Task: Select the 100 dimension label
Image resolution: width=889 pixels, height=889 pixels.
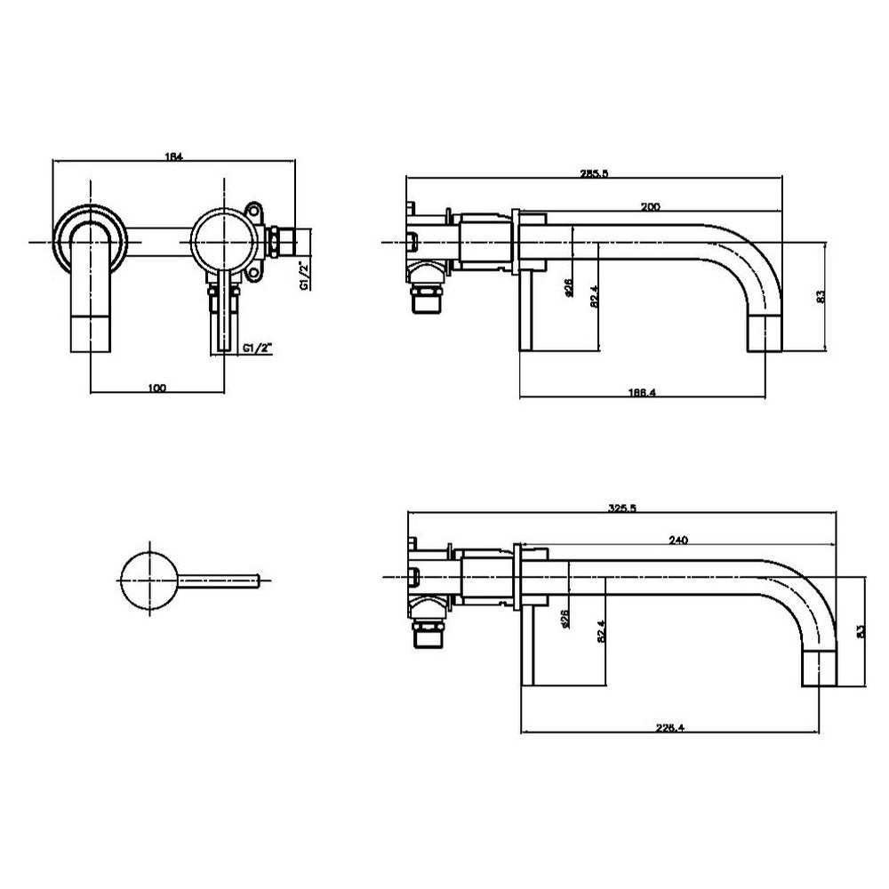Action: click(157, 388)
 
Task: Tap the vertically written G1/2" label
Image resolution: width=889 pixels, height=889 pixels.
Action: click(303, 275)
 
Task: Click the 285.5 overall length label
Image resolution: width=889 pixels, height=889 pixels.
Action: click(593, 174)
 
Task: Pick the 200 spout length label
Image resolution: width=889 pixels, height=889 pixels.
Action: click(650, 206)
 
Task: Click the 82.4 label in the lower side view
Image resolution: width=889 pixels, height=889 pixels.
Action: click(602, 630)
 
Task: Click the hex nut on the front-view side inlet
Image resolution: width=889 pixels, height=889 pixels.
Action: click(278, 241)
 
